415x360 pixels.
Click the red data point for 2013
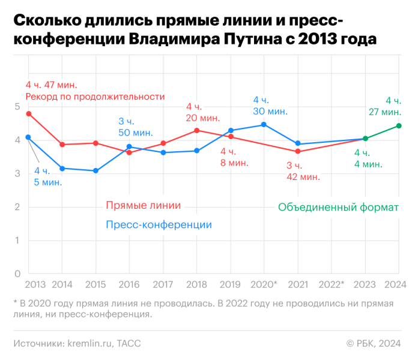click(x=28, y=114)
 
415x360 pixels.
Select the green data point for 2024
click(x=398, y=126)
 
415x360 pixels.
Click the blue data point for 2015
click(x=95, y=171)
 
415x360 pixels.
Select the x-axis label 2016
click(x=129, y=283)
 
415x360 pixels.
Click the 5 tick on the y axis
click(x=17, y=107)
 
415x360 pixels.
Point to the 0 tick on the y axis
click(x=17, y=274)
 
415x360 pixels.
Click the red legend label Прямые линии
click(x=143, y=205)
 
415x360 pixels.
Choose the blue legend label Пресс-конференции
click(x=159, y=225)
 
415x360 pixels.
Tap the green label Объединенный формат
click(x=338, y=208)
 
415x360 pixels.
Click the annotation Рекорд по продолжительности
click(x=95, y=97)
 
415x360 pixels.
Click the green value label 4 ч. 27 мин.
click(x=384, y=106)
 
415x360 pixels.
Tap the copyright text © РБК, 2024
click(x=373, y=344)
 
